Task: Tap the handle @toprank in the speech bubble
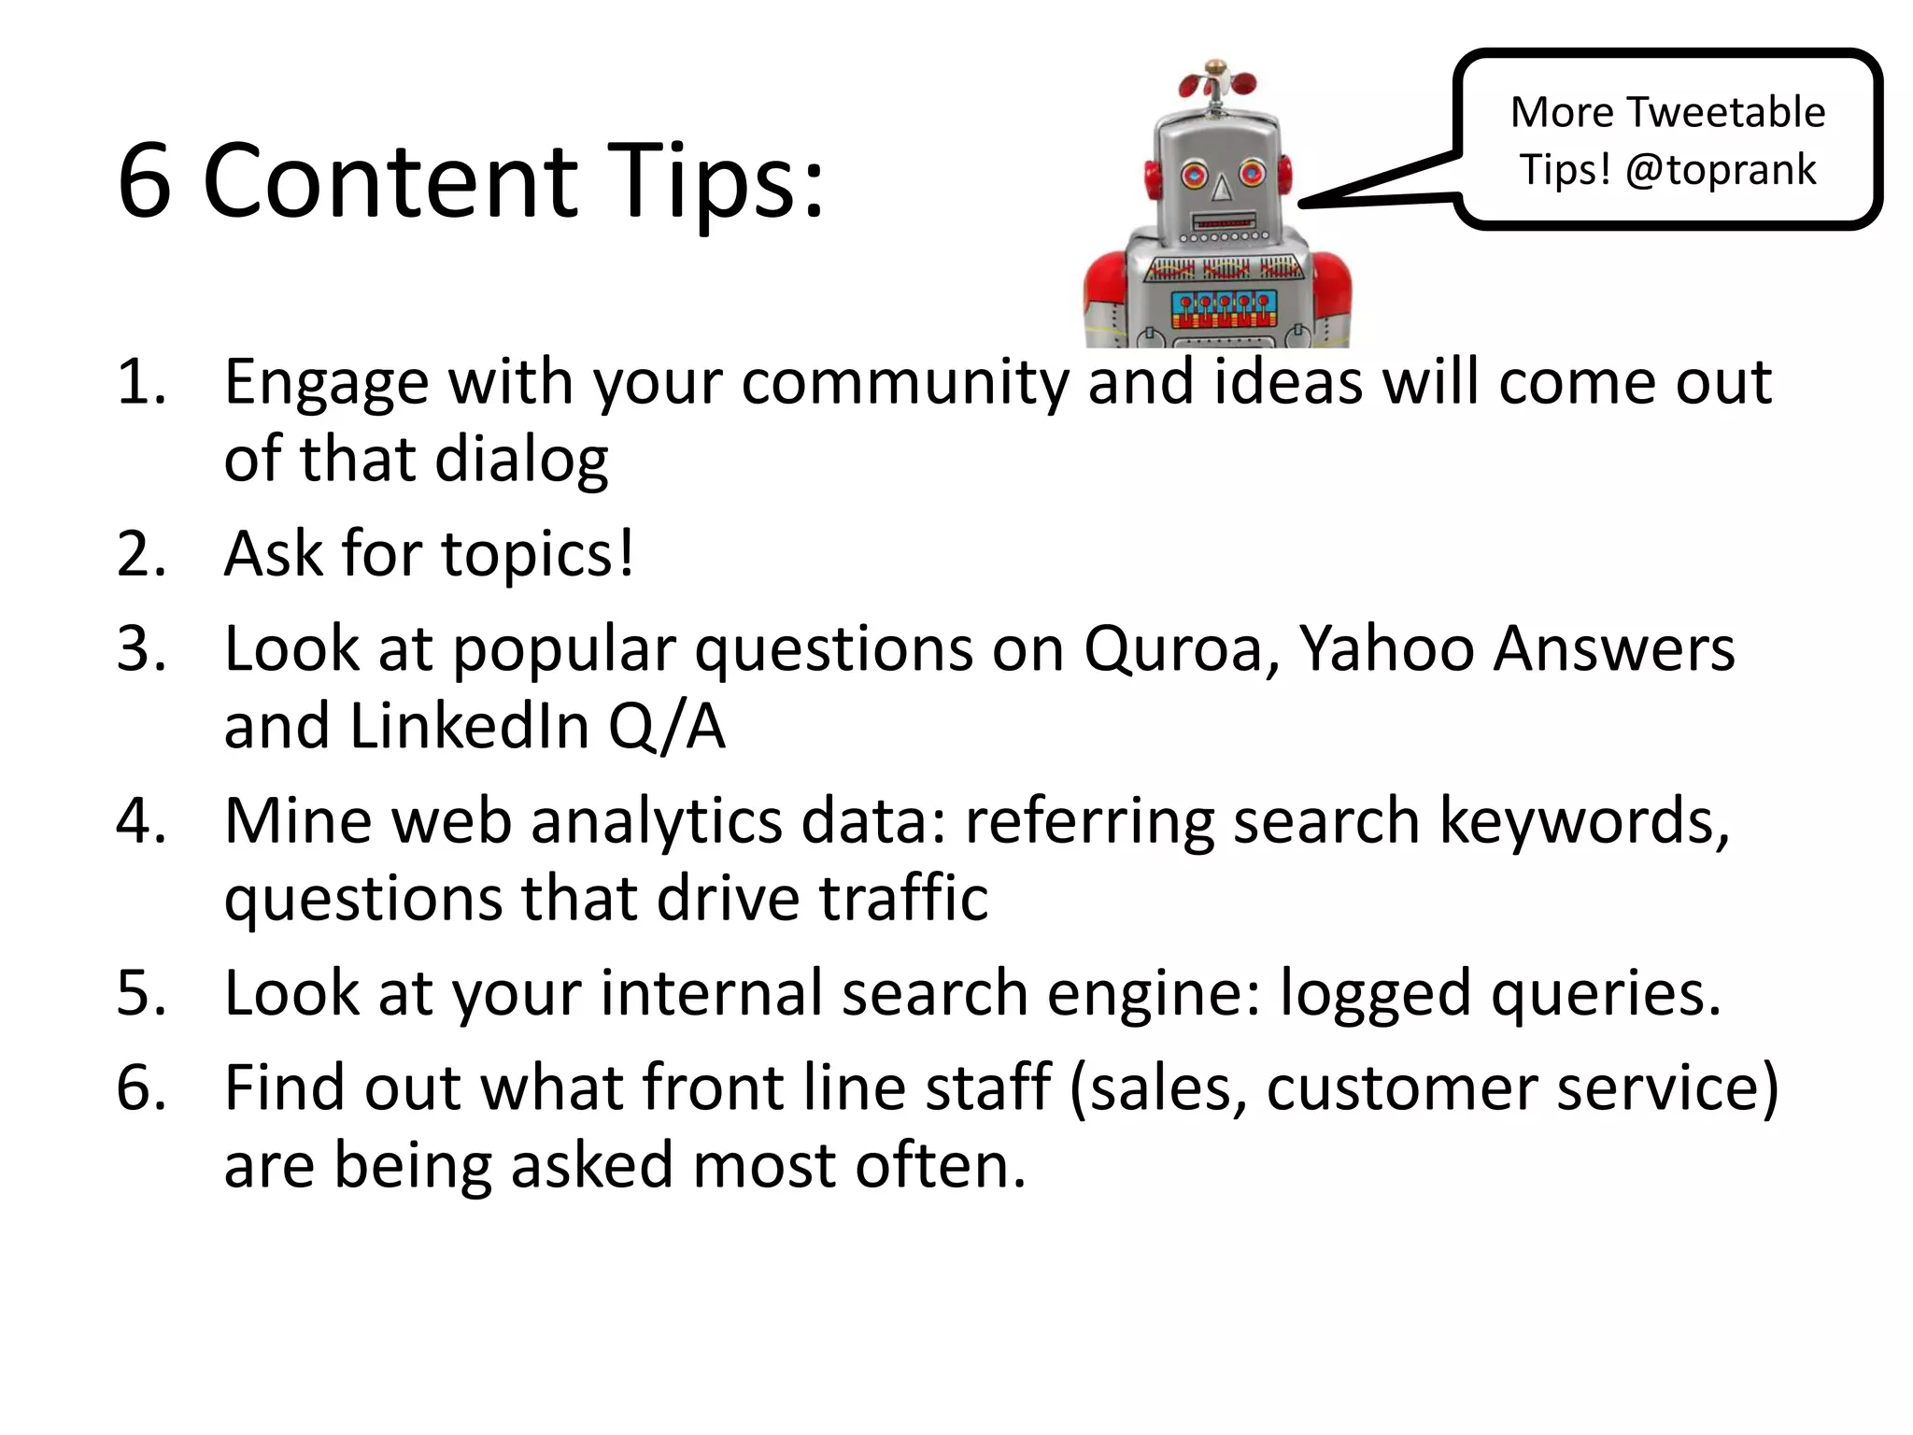tap(1721, 170)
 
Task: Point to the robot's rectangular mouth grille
tap(1224, 224)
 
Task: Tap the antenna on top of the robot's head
tap(1215, 84)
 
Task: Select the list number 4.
tap(140, 821)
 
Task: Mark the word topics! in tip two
tap(537, 554)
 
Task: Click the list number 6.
tap(140, 1087)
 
